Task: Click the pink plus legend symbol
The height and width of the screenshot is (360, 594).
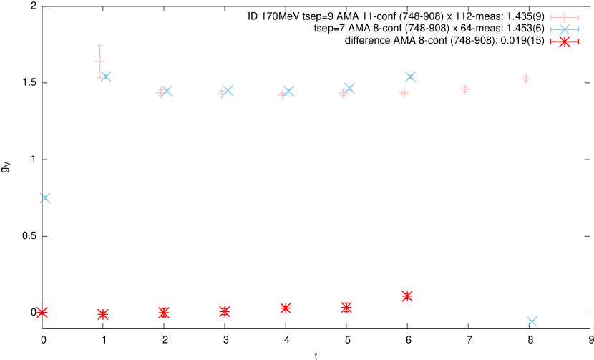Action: [x=565, y=17]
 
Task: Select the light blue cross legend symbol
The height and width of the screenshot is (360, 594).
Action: [x=565, y=29]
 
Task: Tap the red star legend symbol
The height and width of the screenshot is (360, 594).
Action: [x=565, y=42]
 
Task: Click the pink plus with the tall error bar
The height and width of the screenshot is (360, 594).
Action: [x=100, y=62]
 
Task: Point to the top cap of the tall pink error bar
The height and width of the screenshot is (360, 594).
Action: [x=100, y=45]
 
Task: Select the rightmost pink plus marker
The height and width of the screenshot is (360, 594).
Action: [x=526, y=79]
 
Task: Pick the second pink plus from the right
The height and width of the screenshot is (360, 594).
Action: [x=465, y=89]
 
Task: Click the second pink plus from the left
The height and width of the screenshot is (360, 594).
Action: [x=161, y=92]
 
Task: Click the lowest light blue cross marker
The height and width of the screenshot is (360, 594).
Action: [x=532, y=322]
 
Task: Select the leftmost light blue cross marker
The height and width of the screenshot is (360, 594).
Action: [x=45, y=198]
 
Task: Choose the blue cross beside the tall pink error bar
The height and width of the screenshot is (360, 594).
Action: [x=106, y=77]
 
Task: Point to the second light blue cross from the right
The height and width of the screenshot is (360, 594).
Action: [x=410, y=77]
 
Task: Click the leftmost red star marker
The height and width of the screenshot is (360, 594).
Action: [x=42, y=313]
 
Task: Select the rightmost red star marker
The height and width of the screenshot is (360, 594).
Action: [x=407, y=296]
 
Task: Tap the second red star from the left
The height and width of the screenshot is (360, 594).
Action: [x=103, y=314]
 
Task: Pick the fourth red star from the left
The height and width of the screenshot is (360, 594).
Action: [x=225, y=311]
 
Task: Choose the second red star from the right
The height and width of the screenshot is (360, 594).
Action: [x=346, y=308]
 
